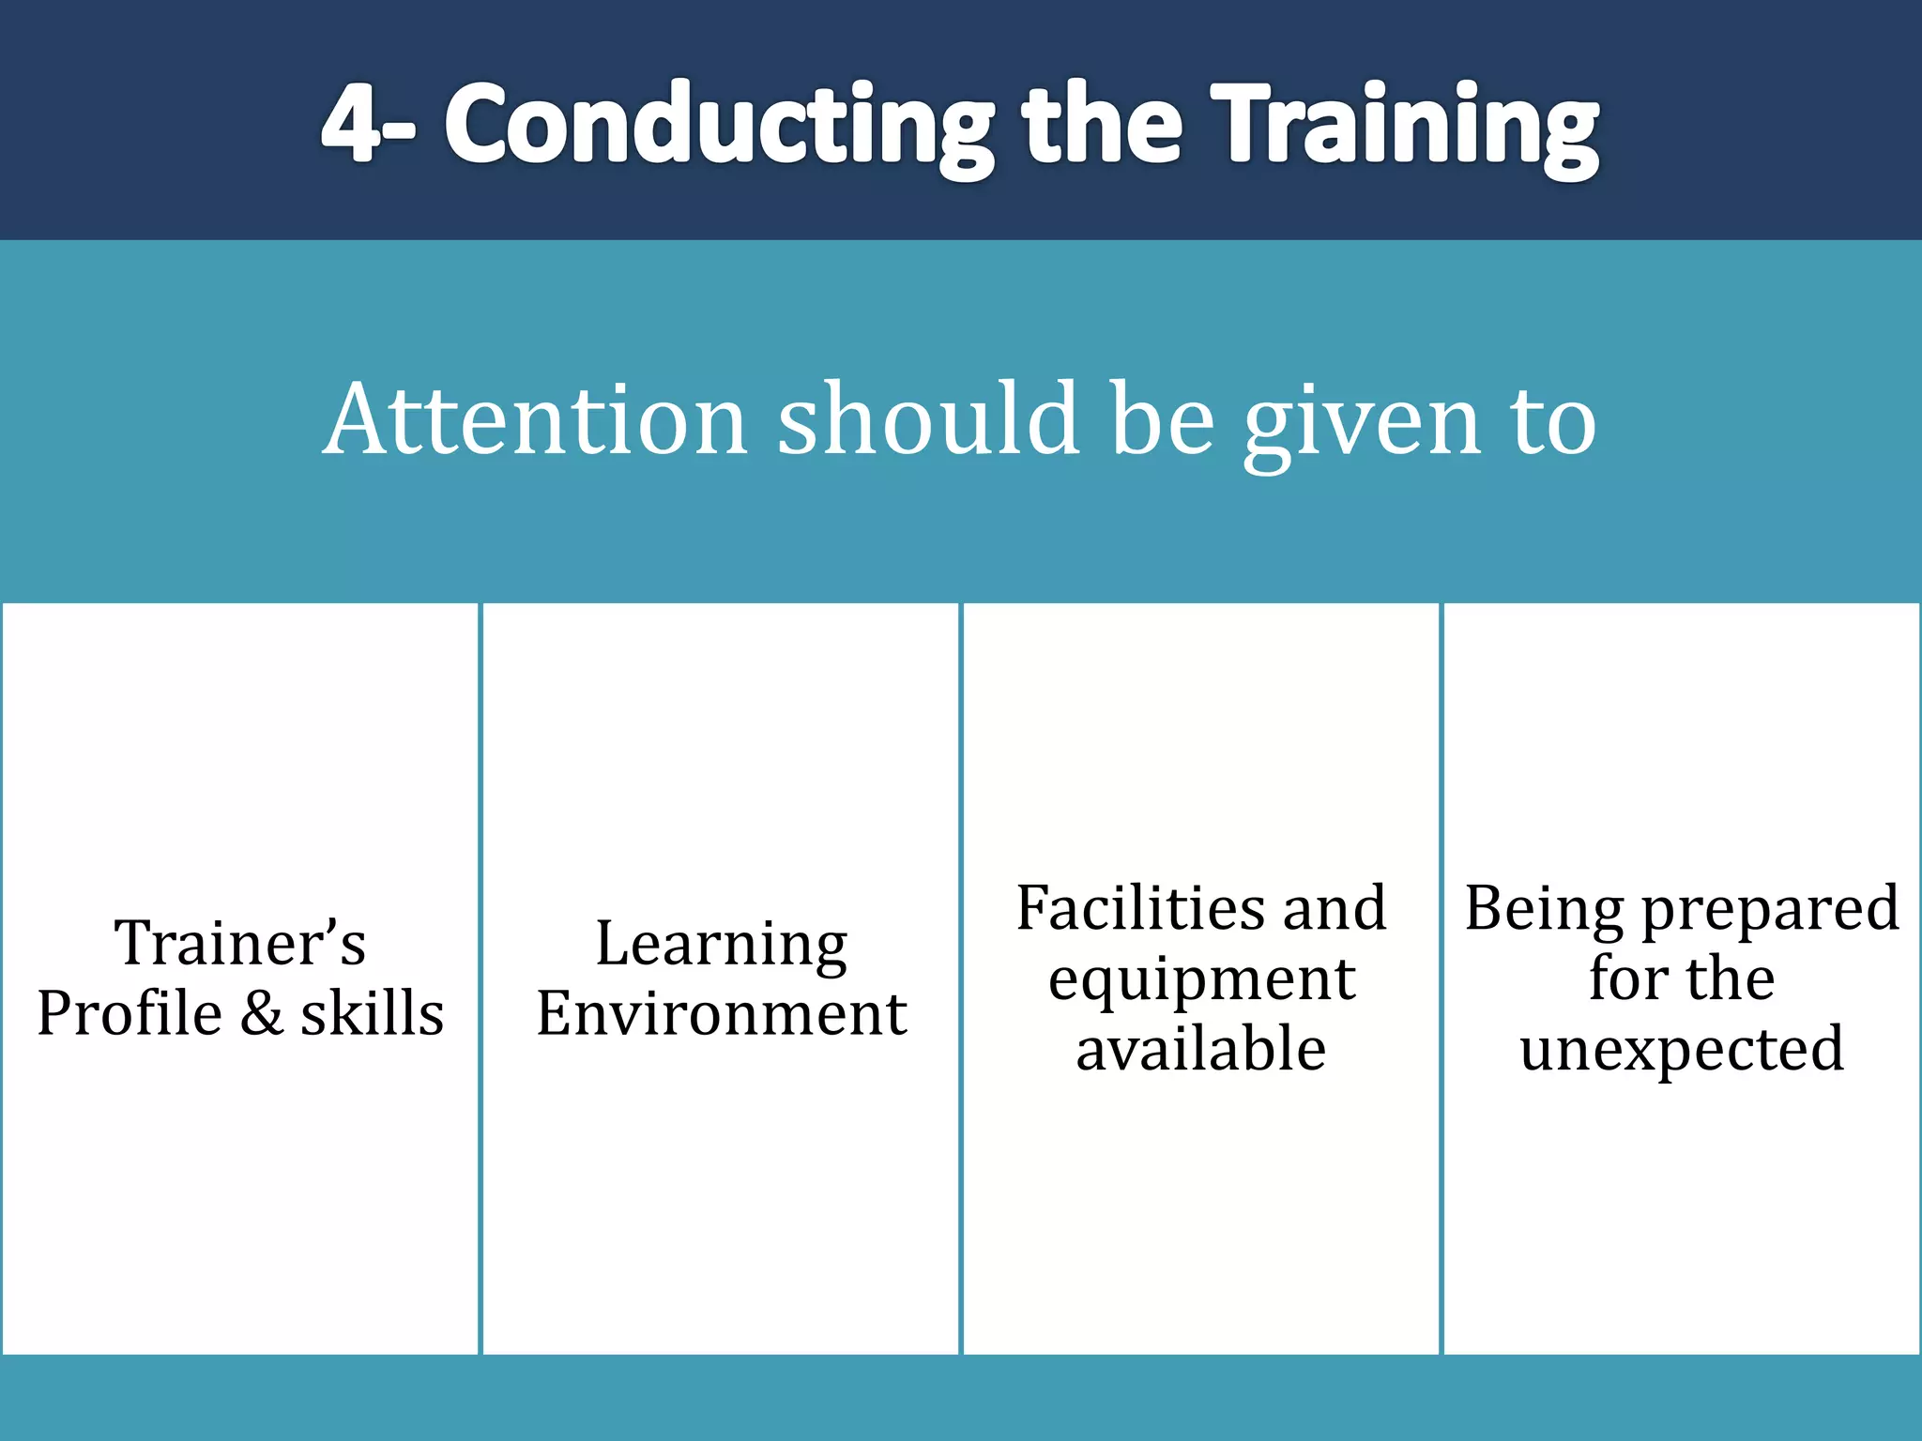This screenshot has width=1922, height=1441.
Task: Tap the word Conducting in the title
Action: click(719, 126)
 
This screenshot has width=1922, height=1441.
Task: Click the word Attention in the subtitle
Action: click(535, 419)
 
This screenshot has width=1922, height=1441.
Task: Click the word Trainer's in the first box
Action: click(240, 942)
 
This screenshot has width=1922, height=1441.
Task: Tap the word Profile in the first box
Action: click(129, 1013)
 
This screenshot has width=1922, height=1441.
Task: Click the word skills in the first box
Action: click(373, 1013)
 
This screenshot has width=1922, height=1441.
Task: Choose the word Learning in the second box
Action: click(721, 944)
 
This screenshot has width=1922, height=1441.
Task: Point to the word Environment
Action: click(721, 1013)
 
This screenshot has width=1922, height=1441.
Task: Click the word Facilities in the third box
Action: click(1135, 908)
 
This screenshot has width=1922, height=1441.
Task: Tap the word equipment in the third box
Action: click(1201, 981)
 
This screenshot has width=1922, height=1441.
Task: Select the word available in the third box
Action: click(1201, 1049)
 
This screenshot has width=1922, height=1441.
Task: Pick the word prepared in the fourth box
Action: click(1770, 910)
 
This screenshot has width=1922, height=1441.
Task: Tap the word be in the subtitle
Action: click(1161, 419)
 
